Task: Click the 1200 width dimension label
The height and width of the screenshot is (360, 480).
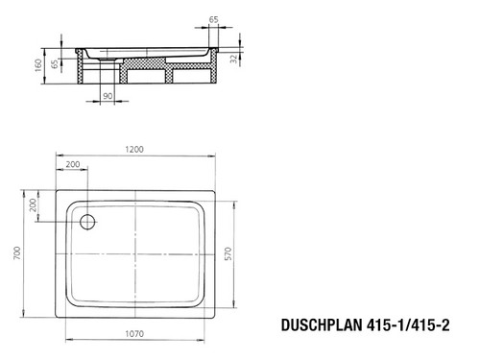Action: [134, 149]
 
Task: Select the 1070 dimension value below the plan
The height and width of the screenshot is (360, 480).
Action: [134, 334]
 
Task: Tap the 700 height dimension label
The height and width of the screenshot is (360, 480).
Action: [17, 252]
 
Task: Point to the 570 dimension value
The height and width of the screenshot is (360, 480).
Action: [228, 253]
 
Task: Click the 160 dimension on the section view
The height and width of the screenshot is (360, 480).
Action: [38, 65]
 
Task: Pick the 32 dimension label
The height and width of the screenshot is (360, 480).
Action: [234, 59]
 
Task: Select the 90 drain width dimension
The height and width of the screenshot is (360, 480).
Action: [108, 96]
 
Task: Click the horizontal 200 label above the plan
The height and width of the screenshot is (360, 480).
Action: [73, 164]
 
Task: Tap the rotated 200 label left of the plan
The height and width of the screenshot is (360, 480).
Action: [33, 205]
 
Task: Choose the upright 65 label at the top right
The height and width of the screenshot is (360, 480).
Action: [214, 19]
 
